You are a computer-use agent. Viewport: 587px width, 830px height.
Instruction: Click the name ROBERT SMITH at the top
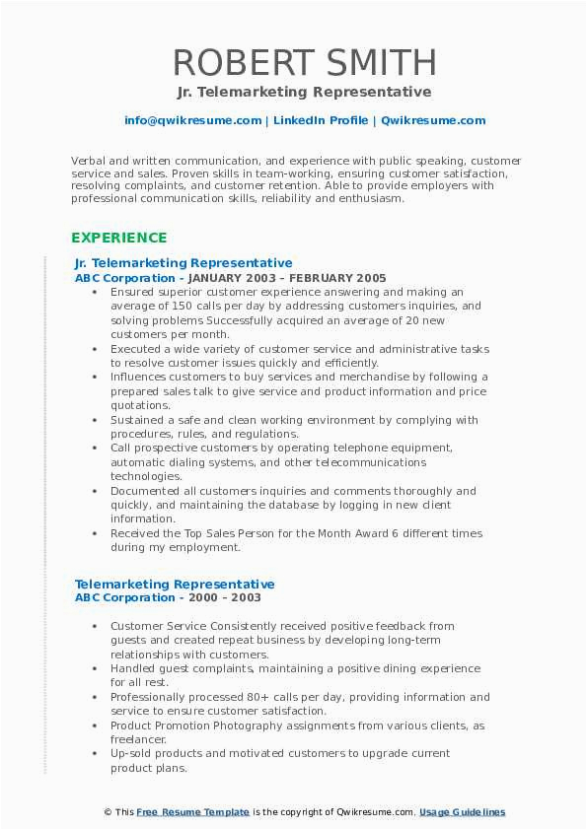point(304,62)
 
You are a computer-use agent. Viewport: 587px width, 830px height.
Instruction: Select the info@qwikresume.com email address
point(192,120)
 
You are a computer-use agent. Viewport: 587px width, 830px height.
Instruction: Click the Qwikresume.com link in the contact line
point(420,120)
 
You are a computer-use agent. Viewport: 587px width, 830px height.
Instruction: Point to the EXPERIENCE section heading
point(118,238)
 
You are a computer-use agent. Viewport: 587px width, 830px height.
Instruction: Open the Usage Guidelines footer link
point(462,812)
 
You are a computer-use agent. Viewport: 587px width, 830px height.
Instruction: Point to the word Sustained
point(138,420)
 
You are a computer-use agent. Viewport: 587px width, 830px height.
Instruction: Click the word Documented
point(144,491)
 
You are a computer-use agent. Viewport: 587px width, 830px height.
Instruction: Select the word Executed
point(136,349)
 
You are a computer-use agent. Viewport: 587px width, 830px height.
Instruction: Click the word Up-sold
point(132,753)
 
